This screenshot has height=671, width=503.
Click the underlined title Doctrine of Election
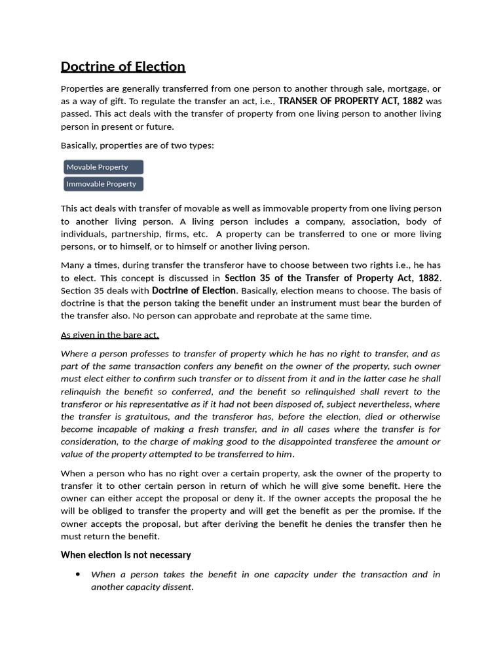click(x=122, y=66)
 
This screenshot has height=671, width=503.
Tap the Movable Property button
click(x=103, y=167)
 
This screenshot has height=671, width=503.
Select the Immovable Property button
click(x=103, y=184)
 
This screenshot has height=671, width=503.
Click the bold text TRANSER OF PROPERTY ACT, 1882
click(x=350, y=101)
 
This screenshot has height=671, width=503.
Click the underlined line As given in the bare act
click(x=109, y=335)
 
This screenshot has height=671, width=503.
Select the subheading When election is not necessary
click(x=126, y=555)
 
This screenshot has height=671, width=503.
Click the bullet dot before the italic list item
click(x=78, y=575)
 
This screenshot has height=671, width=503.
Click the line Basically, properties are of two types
click(x=137, y=145)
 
